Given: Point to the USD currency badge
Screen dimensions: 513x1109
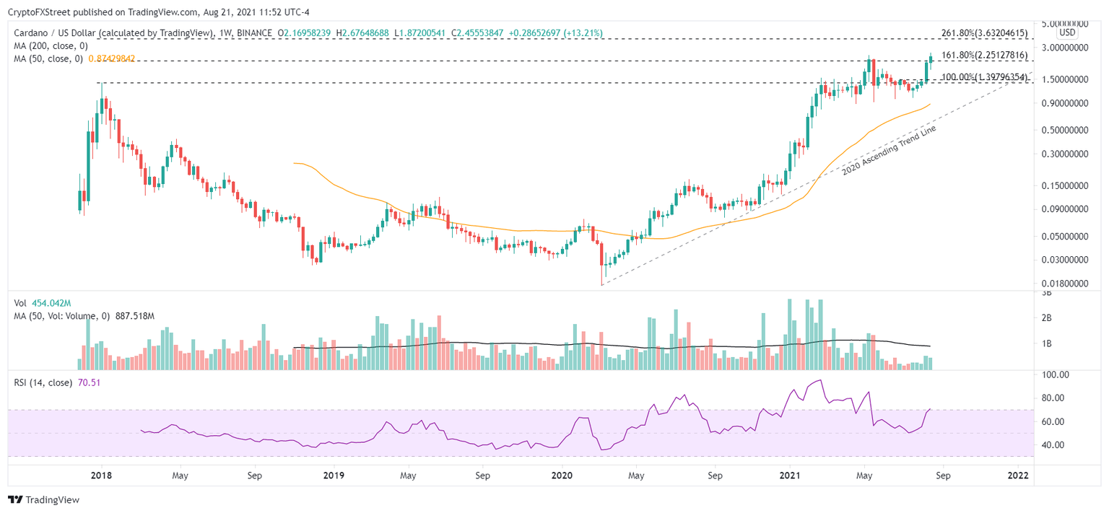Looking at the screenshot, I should click(x=1066, y=33).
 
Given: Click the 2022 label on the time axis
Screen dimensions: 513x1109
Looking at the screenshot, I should click(x=1017, y=475).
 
